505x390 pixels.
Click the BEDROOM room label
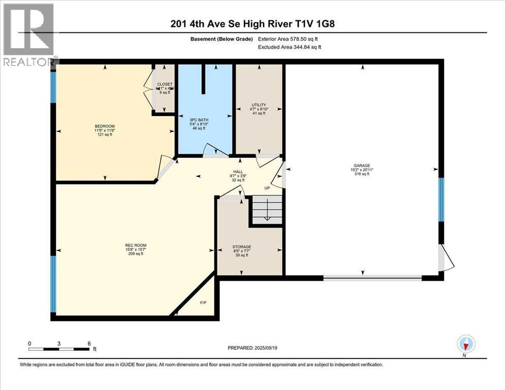point(105,126)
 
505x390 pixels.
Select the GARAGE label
point(363,166)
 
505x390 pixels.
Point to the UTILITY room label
point(259,105)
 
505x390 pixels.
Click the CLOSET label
point(164,84)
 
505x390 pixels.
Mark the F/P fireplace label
point(203,303)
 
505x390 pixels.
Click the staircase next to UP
point(266,209)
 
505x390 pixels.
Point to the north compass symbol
point(465,345)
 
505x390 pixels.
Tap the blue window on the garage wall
point(441,200)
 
